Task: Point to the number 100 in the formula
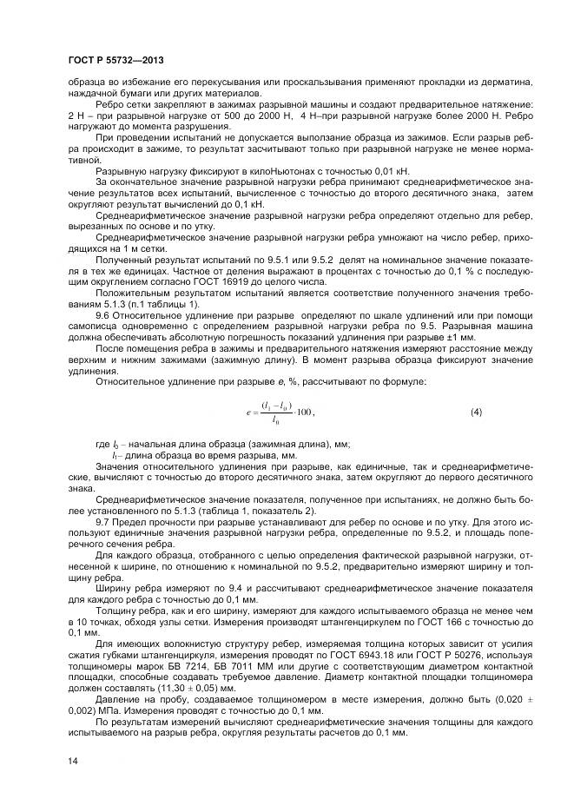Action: pyautogui.click(x=304, y=411)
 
